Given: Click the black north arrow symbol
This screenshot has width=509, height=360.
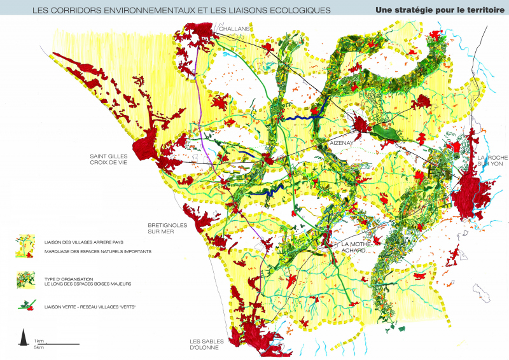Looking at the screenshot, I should (x=24, y=337).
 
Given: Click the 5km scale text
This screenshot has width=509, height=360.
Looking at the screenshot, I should (x=39, y=347).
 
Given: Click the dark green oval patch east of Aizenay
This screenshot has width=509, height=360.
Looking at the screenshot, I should (x=385, y=132).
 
